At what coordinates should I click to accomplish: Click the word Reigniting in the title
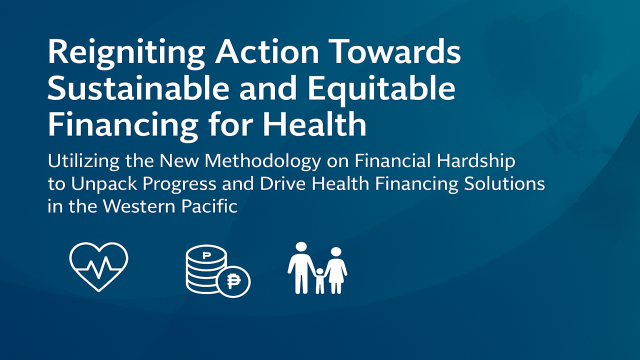pyautogui.click(x=126, y=54)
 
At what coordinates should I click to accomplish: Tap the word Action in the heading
pyautogui.click(x=266, y=51)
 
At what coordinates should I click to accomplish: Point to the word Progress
pyautogui.click(x=179, y=185)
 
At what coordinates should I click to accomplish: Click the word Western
pyautogui.click(x=139, y=206)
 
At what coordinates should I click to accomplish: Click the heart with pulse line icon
pyautogui.click(x=99, y=267)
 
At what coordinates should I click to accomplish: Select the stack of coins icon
pyautogui.click(x=206, y=269)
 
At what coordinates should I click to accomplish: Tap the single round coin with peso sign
pyautogui.click(x=234, y=281)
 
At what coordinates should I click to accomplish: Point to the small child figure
pyautogui.click(x=319, y=281)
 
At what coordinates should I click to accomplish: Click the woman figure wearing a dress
pyautogui.click(x=336, y=270)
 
